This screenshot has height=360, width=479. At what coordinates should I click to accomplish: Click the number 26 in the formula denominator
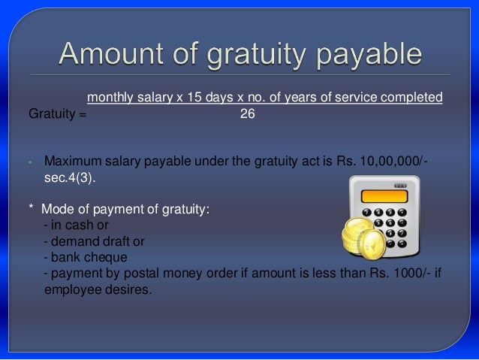coord(246,115)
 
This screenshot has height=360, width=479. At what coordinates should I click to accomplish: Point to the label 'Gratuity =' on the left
coord(57,115)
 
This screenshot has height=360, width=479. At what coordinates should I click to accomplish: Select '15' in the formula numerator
coord(194,97)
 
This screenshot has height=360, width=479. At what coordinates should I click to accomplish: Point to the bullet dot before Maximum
coord(29,162)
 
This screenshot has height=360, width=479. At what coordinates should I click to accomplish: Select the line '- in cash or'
coord(76,225)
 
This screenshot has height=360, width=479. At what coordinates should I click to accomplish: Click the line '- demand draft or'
coord(94,241)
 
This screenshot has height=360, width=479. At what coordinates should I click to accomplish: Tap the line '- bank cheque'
coord(83,257)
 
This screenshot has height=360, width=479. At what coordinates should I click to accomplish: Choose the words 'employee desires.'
coord(97,290)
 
